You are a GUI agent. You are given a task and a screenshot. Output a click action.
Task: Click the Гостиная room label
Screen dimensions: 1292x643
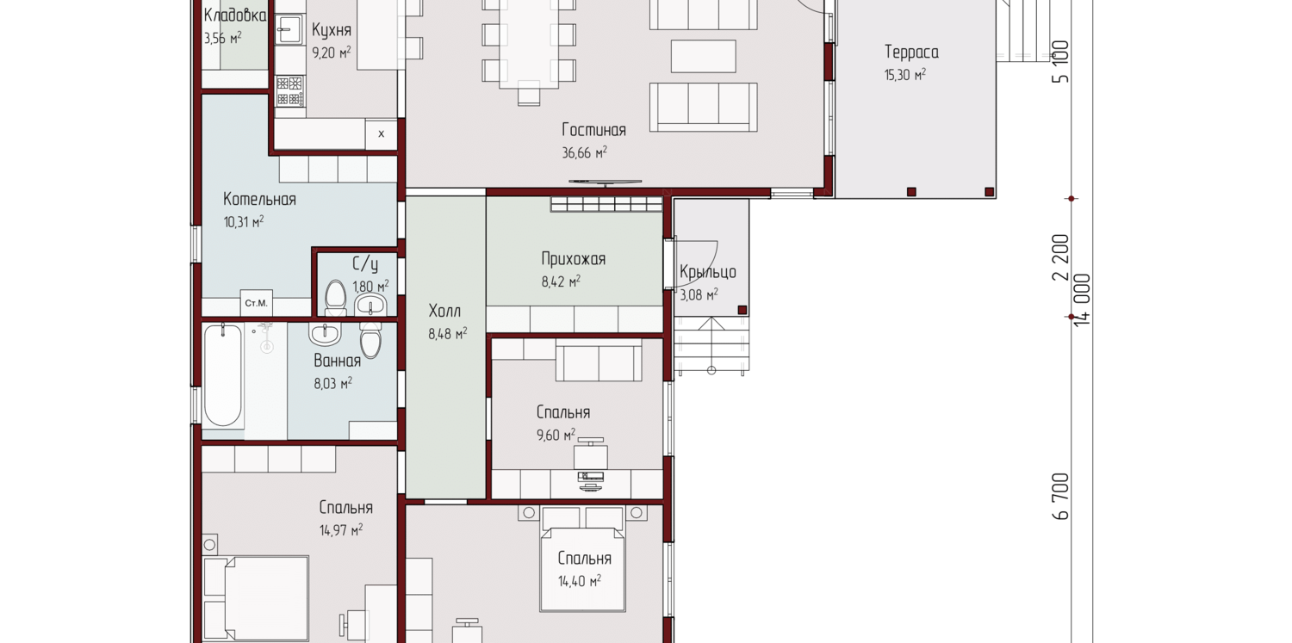[x=593, y=130]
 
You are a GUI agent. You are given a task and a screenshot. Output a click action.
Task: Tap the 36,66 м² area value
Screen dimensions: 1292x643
[x=584, y=152]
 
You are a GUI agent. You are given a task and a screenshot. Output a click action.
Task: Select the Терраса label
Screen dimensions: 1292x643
[x=911, y=53]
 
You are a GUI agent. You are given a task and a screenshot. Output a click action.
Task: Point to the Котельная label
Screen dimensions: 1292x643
[x=259, y=200]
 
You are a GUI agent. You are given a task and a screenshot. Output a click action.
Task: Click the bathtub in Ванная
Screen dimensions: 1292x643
[x=222, y=375]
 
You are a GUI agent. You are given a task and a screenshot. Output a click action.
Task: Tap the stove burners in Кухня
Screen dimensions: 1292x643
[x=289, y=91]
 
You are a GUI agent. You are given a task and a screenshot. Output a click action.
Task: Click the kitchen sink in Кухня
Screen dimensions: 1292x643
[x=289, y=29]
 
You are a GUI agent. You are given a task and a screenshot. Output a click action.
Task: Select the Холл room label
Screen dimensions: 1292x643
[x=444, y=311]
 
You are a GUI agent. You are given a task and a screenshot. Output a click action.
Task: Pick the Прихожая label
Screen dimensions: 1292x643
[x=574, y=259]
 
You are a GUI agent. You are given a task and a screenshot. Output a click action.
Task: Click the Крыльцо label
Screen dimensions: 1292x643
[x=708, y=272]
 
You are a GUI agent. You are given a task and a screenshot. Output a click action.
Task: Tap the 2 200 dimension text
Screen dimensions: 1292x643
[x=1060, y=257]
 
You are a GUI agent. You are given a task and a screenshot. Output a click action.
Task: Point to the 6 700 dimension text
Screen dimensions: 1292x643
[x=1060, y=497]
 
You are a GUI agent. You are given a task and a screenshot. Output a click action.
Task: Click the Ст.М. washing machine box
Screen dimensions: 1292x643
[x=256, y=303]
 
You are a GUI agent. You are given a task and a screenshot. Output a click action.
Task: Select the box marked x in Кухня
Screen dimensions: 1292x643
[x=381, y=135]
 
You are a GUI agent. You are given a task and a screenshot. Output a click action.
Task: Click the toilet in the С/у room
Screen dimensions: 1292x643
[x=335, y=298]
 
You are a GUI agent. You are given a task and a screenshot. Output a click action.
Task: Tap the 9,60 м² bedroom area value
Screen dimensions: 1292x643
[x=556, y=435]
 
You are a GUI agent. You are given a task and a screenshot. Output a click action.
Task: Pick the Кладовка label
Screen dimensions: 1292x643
[x=235, y=15]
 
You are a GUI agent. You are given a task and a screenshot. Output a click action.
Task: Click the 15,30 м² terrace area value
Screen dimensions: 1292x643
[x=905, y=75]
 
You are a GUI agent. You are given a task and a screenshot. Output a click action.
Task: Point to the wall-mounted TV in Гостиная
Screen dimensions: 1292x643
[x=605, y=182]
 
